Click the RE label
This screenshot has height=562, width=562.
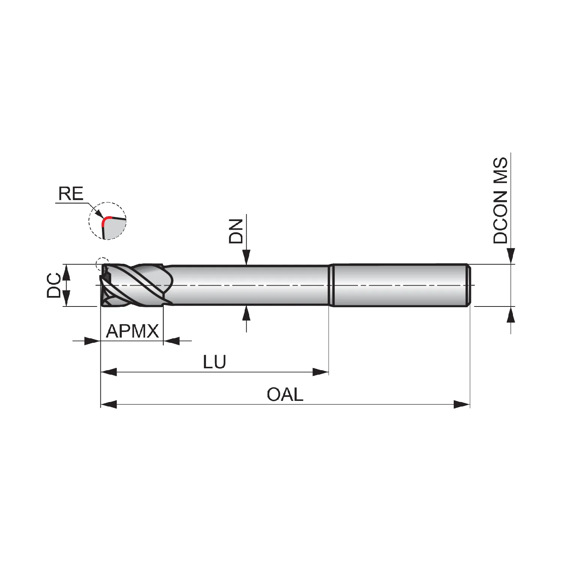71,194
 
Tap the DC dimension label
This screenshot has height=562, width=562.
54,285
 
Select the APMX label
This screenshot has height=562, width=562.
133,331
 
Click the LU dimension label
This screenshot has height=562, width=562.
215,362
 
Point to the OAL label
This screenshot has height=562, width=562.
285,395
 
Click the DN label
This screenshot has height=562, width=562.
236,231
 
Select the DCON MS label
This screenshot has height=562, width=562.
501,200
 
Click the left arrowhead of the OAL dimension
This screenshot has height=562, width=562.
109,405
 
